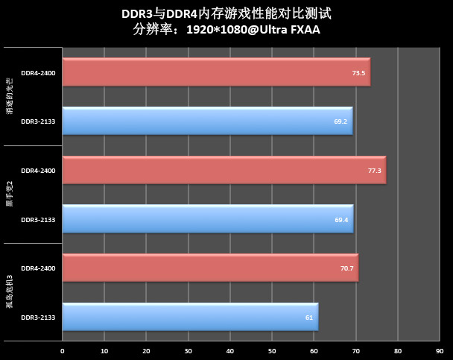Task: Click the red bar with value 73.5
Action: (x=216, y=73)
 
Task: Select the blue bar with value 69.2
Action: (x=207, y=121)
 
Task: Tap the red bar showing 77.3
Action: (x=224, y=171)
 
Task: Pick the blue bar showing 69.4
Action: (x=207, y=219)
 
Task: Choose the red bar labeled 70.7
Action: (x=210, y=268)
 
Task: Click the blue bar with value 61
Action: (x=190, y=317)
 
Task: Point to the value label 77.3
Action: (x=374, y=171)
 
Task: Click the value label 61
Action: (x=308, y=317)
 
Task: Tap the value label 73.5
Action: (x=358, y=73)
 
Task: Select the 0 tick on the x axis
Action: (x=63, y=350)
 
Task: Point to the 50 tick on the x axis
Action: (x=272, y=350)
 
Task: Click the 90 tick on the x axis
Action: (x=440, y=350)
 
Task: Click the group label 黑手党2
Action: (x=10, y=195)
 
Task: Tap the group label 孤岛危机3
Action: (x=10, y=292)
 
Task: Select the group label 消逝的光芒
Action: (x=10, y=97)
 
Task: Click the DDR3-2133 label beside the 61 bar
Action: (x=37, y=317)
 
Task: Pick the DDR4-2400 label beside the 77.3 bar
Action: (x=37, y=171)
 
